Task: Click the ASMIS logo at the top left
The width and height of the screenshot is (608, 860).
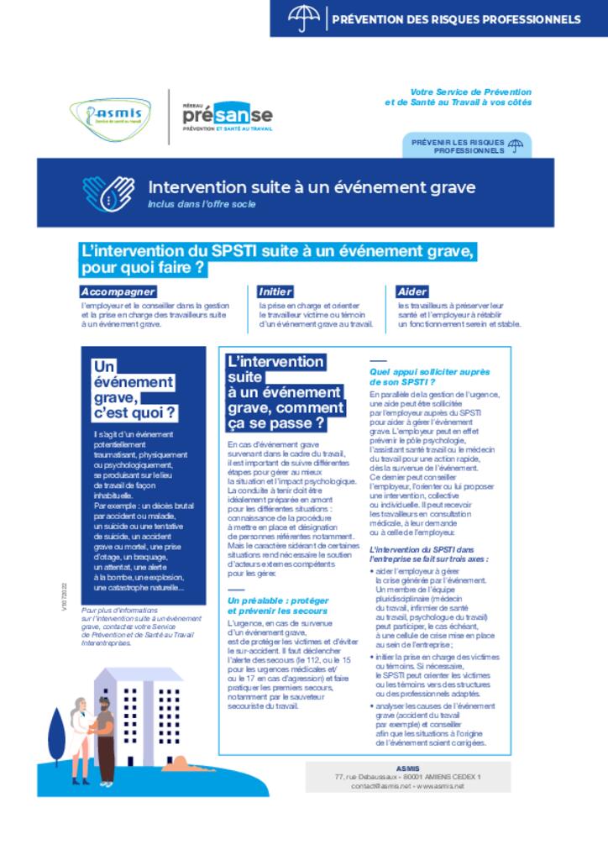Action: (112, 116)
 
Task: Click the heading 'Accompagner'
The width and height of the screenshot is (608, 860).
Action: (118, 291)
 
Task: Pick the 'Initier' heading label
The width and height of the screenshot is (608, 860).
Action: (275, 291)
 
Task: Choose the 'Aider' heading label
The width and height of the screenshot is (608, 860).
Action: (412, 291)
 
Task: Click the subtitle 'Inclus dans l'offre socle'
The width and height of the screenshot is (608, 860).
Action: (202, 204)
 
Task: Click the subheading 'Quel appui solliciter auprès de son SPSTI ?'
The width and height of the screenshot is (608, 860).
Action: (429, 376)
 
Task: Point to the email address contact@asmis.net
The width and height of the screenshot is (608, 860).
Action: (382, 785)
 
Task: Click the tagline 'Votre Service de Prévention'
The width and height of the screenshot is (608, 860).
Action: (470, 92)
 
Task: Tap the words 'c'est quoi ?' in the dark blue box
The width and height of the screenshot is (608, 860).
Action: (135, 412)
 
